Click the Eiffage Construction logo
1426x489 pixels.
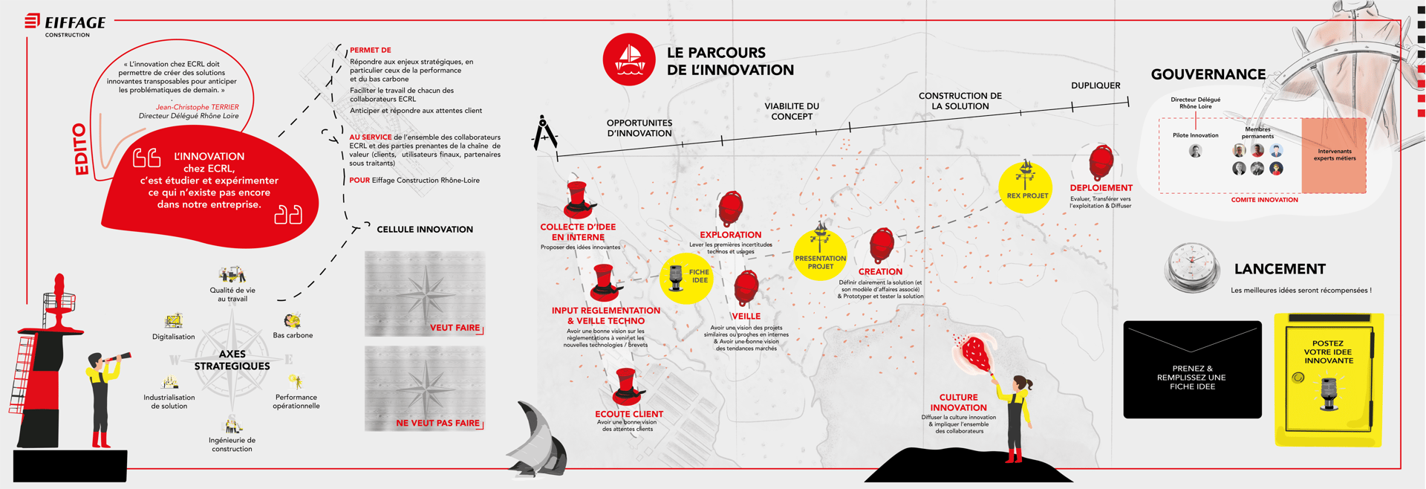(65, 25)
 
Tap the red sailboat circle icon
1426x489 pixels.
(629, 59)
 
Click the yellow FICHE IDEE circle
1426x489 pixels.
(686, 277)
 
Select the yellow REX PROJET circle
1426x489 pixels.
(1026, 187)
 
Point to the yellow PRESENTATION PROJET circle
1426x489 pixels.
(820, 256)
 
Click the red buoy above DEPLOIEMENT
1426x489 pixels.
(1101, 162)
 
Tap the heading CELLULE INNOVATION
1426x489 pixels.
(425, 230)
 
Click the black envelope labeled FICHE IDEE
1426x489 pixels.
(1192, 369)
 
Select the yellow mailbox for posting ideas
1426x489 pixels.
(1329, 379)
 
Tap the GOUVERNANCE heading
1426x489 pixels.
(1208, 74)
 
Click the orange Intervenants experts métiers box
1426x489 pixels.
(1334, 155)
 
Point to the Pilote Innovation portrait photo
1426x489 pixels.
(1195, 151)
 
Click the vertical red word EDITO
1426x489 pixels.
(81, 150)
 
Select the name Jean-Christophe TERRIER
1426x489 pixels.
(197, 107)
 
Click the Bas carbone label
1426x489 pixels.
(293, 335)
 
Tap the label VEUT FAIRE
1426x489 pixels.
(455, 328)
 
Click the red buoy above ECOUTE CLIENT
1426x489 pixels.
(627, 386)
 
